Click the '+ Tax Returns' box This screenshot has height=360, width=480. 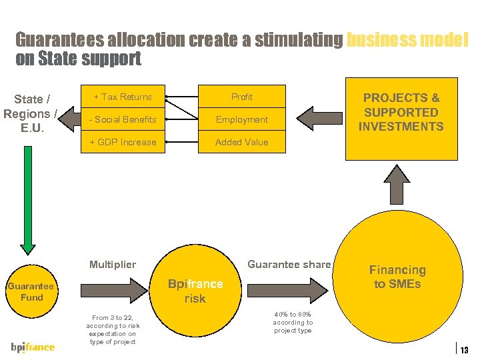[x=123, y=97]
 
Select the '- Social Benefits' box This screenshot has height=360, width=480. [x=123, y=119]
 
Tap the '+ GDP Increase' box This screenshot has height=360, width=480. [x=123, y=142]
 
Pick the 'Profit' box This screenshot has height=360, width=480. [x=241, y=97]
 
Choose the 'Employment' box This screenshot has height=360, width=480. [x=241, y=119]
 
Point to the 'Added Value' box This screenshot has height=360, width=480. [x=241, y=142]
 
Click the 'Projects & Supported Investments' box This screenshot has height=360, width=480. [x=401, y=113]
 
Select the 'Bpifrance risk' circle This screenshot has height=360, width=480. [x=195, y=291]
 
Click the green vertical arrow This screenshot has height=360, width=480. [x=27, y=200]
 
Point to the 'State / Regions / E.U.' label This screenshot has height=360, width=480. [x=30, y=113]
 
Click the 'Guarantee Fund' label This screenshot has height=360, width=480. [x=31, y=292]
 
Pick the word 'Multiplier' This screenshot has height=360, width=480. [x=112, y=265]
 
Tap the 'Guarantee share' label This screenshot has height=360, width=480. [x=289, y=265]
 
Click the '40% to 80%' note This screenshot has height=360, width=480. [x=292, y=322]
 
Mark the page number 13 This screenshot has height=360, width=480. [x=465, y=350]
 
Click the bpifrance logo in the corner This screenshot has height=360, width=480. [x=33, y=347]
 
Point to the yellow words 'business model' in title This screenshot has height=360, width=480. [x=407, y=40]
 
